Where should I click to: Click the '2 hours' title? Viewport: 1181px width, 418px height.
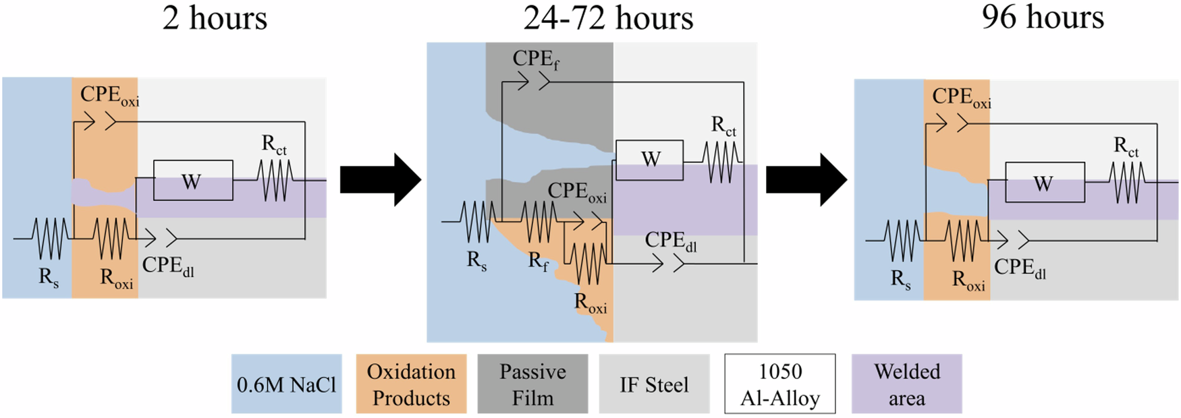215,18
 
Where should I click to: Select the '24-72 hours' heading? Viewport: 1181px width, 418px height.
608,18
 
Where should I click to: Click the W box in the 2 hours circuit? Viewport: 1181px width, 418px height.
193,181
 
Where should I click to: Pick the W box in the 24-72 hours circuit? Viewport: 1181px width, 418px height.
649,160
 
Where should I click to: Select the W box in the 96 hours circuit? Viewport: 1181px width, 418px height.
1045,183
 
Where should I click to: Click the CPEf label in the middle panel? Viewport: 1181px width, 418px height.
535,59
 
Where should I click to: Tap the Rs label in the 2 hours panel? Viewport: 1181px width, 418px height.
48,277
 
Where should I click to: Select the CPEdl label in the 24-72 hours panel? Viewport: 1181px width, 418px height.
670,241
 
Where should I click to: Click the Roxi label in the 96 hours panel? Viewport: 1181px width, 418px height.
968,280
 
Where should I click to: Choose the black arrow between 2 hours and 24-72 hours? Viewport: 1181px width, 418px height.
380,180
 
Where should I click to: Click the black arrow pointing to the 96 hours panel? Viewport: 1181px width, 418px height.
806,180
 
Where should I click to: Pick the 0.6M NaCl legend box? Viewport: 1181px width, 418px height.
286,384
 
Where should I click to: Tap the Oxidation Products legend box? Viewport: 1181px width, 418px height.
411,384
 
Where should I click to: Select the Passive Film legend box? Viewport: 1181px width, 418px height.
532,384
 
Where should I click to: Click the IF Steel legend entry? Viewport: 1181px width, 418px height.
654,384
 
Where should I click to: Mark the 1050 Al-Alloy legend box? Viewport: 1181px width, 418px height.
779,384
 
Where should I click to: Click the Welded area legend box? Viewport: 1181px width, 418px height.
906,384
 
